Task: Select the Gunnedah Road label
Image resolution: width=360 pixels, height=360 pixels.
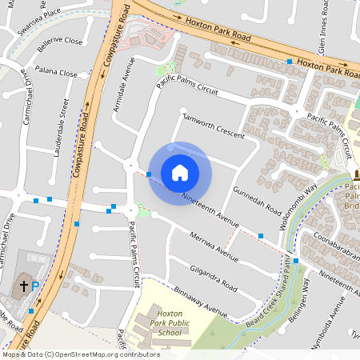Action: point(258,201)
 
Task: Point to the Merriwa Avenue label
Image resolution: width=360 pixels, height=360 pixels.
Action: point(215,246)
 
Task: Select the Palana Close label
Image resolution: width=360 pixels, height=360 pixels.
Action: point(55,74)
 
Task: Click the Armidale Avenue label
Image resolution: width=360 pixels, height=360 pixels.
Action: point(121,89)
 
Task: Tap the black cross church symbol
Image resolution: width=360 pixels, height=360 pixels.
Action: point(23,285)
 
